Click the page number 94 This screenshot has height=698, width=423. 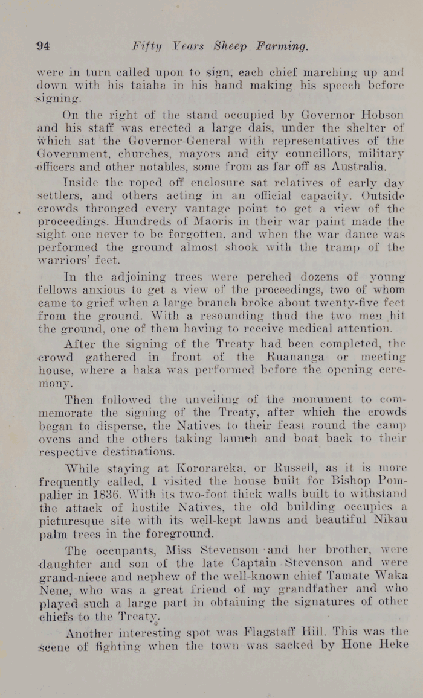[x=42, y=46]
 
